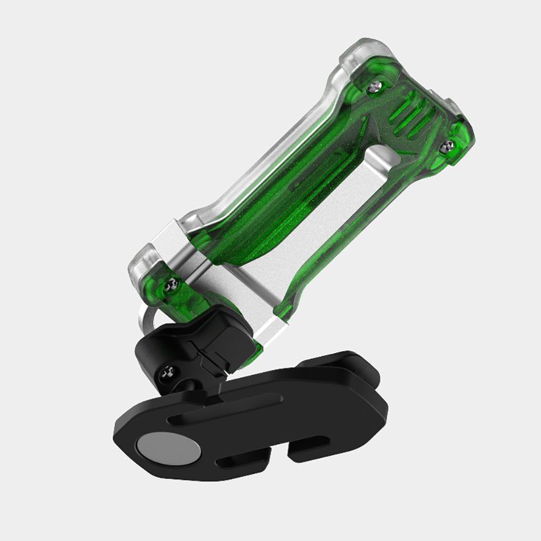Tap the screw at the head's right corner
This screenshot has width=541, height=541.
(448, 144)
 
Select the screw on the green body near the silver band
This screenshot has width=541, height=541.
(173, 281)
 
